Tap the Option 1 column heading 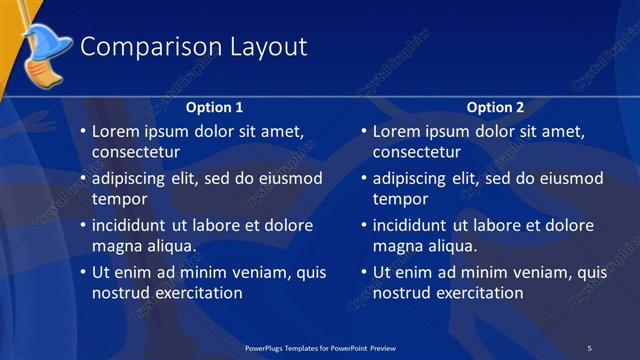(x=215, y=107)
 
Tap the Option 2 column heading (x=495, y=107)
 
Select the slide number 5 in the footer (x=589, y=347)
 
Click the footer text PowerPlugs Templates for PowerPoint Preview (x=321, y=347)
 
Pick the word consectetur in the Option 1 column (x=136, y=153)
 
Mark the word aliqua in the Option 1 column (x=169, y=246)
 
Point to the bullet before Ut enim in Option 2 (x=362, y=272)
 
